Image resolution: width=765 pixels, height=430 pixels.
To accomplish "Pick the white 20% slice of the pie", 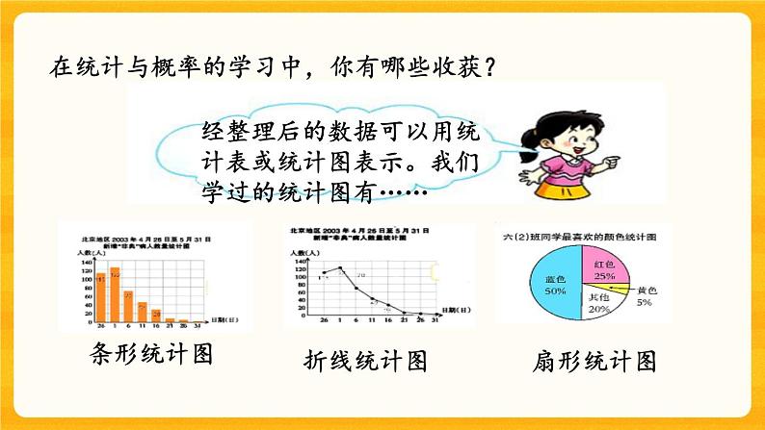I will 597,306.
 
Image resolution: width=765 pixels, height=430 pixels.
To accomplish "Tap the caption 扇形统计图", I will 594,362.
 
